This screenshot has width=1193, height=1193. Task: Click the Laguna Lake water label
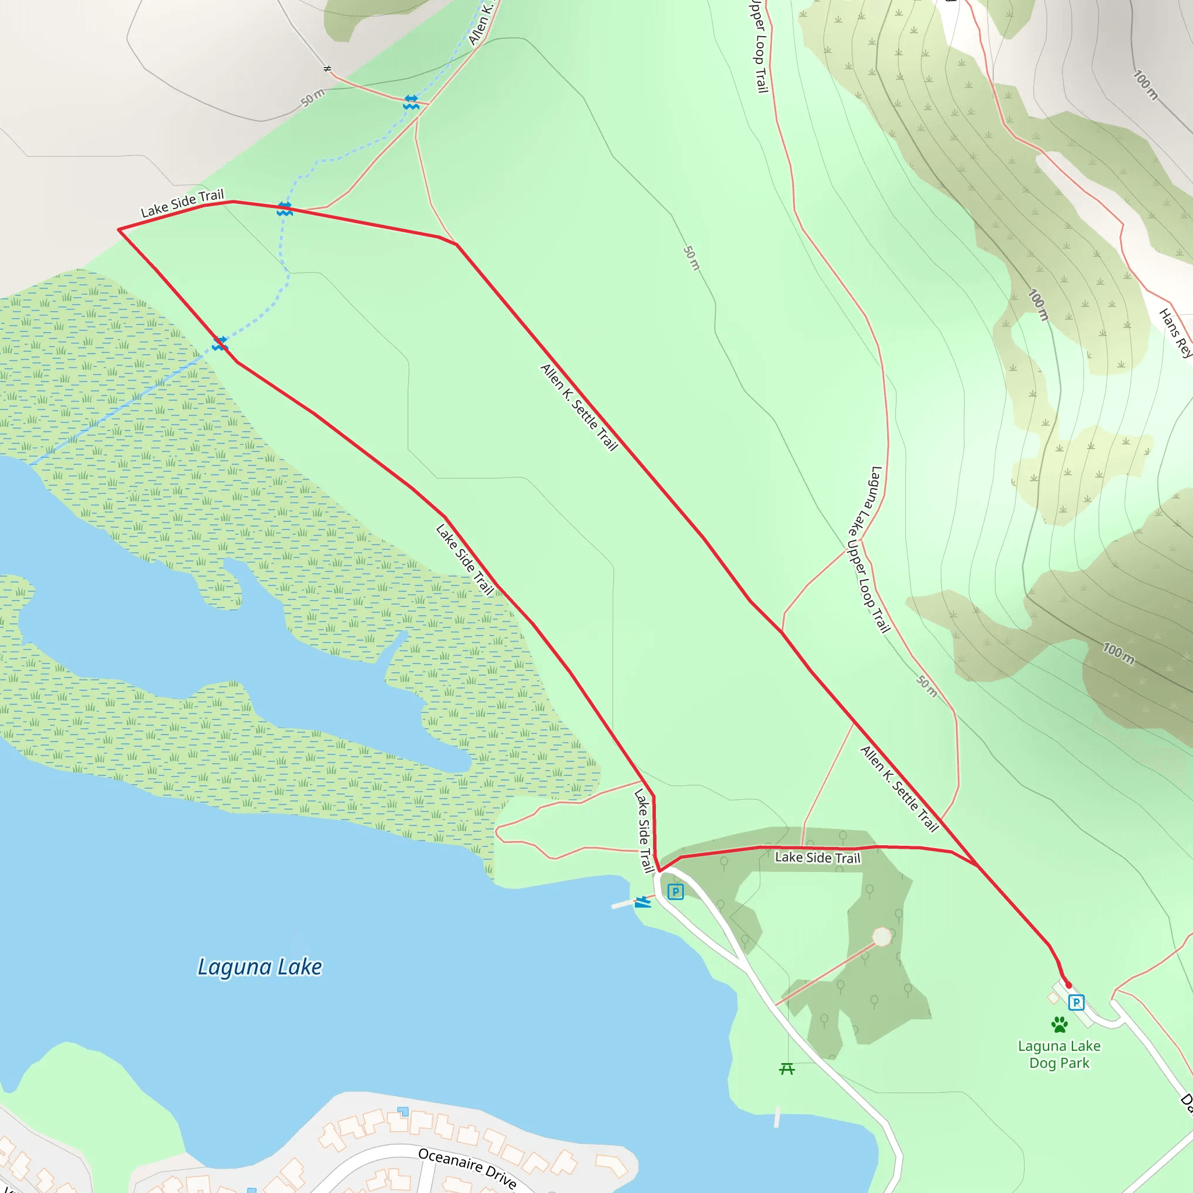(259, 966)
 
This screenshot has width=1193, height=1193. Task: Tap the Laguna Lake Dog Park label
(1059, 1054)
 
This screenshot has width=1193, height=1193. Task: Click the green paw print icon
(1060, 1025)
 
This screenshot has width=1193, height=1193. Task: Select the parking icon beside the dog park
(1076, 1002)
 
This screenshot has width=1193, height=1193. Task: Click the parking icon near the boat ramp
(676, 892)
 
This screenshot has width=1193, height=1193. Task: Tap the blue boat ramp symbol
(643, 902)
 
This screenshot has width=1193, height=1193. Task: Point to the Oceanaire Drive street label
(467, 1167)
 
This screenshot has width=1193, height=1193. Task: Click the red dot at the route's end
(1069, 986)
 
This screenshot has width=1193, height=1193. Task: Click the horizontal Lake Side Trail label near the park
(817, 857)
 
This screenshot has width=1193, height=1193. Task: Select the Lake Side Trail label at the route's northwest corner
(182, 203)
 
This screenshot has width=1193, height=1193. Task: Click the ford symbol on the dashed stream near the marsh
(220, 343)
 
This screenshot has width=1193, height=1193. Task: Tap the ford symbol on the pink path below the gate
(411, 103)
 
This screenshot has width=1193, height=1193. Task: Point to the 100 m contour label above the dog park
(1118, 654)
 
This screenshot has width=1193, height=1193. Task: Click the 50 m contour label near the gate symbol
(313, 97)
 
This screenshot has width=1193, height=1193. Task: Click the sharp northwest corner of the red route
(119, 230)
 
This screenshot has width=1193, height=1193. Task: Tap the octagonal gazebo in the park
(882, 936)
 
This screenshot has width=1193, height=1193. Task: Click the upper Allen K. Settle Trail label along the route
(578, 407)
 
